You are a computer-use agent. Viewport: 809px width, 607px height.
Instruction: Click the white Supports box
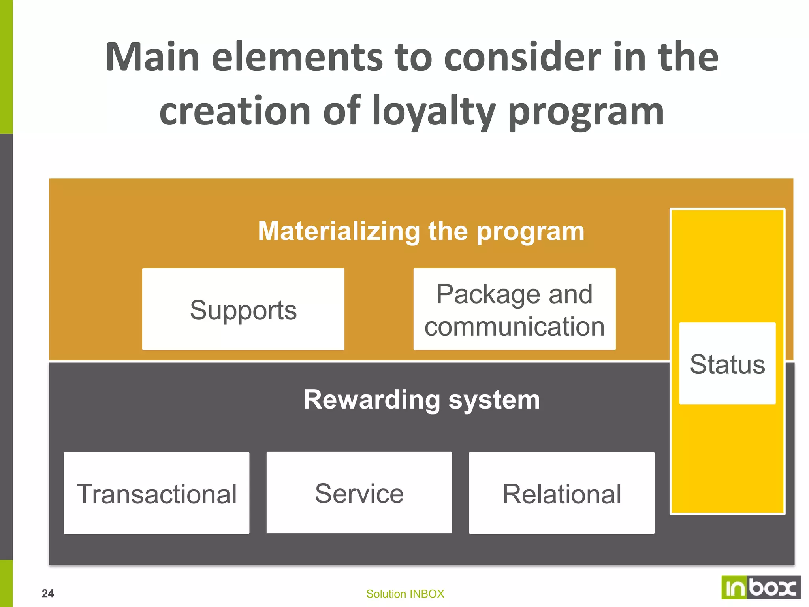tap(243, 309)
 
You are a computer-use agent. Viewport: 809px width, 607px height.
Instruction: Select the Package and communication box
tap(514, 309)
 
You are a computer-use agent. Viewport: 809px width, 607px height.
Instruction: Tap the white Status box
tap(727, 364)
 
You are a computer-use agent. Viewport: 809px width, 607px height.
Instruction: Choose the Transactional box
tap(156, 493)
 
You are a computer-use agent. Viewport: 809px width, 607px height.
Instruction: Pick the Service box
tap(359, 493)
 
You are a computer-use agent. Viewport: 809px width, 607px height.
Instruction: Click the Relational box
tap(561, 493)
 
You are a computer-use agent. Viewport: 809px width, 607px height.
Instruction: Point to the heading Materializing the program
tap(421, 231)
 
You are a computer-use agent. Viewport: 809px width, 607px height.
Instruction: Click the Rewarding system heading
tap(421, 400)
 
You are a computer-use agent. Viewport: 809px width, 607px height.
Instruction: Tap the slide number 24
tap(48, 593)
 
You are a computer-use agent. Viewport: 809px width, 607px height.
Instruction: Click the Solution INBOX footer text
tap(405, 594)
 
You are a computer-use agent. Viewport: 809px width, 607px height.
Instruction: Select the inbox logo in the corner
tap(761, 588)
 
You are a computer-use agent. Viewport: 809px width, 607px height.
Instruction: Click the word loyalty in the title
tap(434, 112)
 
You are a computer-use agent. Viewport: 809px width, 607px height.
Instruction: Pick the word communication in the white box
tap(514, 326)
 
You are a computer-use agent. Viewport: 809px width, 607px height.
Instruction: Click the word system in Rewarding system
tap(494, 400)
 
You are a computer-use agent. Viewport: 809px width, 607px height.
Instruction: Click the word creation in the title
tap(235, 112)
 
